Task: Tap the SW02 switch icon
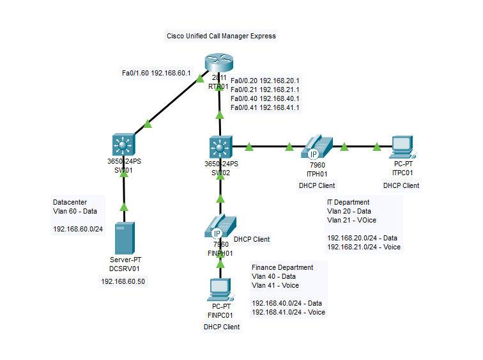click(x=221, y=148)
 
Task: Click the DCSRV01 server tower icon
click(x=124, y=238)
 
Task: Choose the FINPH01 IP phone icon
click(x=220, y=227)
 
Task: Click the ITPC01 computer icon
click(x=401, y=148)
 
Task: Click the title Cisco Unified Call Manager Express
click(x=221, y=36)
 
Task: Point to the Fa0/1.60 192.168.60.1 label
click(x=157, y=73)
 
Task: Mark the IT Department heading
click(x=352, y=202)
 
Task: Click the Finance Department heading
click(x=282, y=267)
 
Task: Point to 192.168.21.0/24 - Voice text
click(x=364, y=246)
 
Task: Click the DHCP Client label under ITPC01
click(x=401, y=185)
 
